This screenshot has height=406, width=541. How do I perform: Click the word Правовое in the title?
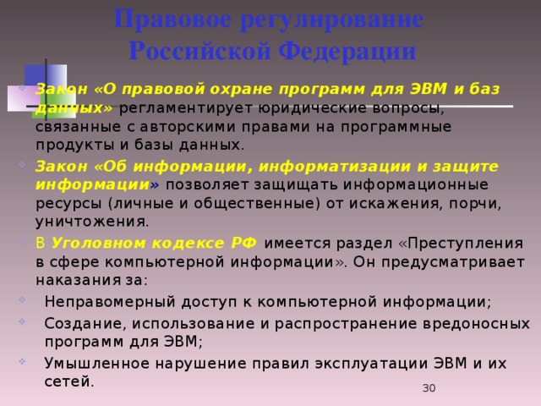(172, 19)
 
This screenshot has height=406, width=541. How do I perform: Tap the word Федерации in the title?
(347, 52)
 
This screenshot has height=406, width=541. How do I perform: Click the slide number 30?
(429, 388)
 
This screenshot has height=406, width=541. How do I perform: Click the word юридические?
(312, 108)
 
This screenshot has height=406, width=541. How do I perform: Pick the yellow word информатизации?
(335, 167)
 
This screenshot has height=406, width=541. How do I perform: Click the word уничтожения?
(92, 222)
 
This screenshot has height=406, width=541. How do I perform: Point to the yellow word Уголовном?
(99, 244)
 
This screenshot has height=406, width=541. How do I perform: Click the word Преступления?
(466, 244)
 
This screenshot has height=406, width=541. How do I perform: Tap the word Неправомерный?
(110, 302)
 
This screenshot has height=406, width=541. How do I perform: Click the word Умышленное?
(97, 364)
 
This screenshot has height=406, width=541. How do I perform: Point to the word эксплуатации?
(371, 364)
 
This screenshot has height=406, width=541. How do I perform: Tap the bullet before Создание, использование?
(22, 321)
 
